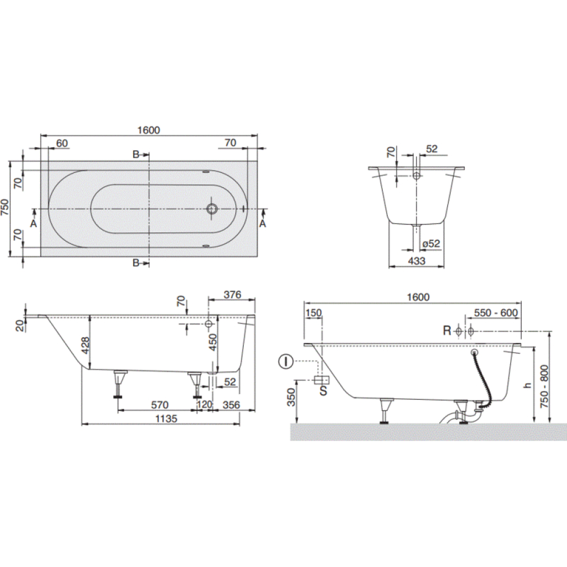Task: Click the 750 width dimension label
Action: [x=5, y=208]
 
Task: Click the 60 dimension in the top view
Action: [x=62, y=143]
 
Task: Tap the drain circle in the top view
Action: [x=212, y=209]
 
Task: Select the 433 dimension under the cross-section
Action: [x=417, y=261]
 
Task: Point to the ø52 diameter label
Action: [x=431, y=244]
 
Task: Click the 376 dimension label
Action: [x=232, y=295]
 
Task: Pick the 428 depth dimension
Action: [x=85, y=346]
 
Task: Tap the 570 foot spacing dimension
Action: [x=159, y=405]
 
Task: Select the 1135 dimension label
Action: [x=166, y=419]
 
